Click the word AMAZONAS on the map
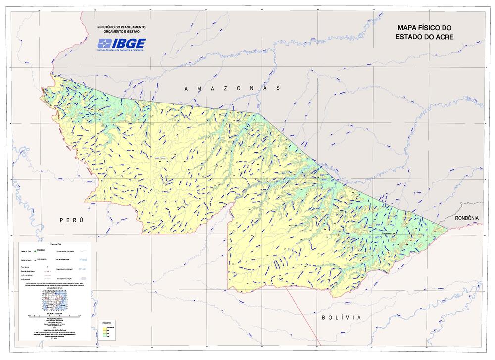pyautogui.click(x=232, y=88)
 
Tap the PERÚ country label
pyautogui.click(x=71, y=219)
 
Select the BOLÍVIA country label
pyautogui.click(x=341, y=317)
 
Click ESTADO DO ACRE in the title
pyautogui.click(x=424, y=37)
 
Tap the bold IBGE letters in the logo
pyautogui.click(x=128, y=43)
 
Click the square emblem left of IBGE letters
pyautogui.click(x=104, y=43)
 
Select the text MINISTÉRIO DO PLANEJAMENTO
pyautogui.click(x=121, y=27)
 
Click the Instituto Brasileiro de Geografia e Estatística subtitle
pyautogui.click(x=121, y=51)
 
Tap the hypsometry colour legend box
pyautogui.click(x=105, y=330)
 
